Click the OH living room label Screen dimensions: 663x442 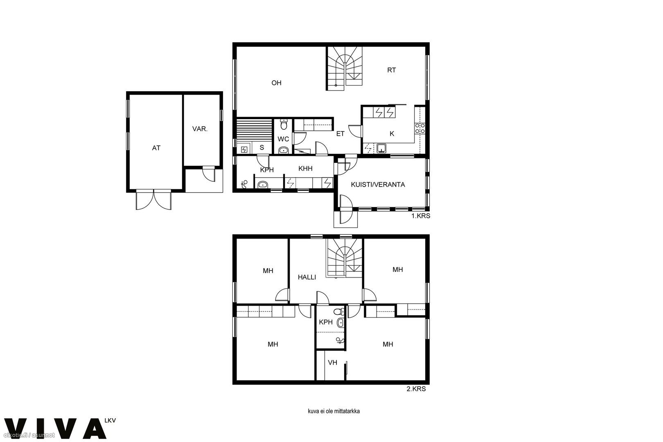pyautogui.click(x=276, y=83)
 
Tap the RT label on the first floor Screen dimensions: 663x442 pyautogui.click(x=392, y=70)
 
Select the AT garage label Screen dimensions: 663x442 pyautogui.click(x=156, y=148)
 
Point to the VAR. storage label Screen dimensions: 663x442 pyautogui.click(x=200, y=129)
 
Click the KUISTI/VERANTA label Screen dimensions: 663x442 pyautogui.click(x=378, y=185)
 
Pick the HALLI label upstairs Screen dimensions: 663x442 pyautogui.click(x=307, y=277)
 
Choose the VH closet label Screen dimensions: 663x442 pyautogui.click(x=333, y=363)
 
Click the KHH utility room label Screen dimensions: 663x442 pyautogui.click(x=305, y=169)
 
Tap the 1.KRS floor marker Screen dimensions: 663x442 pyautogui.click(x=421, y=216)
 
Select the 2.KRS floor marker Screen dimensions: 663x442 pyautogui.click(x=416, y=389)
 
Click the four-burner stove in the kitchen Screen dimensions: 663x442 pyautogui.click(x=420, y=129)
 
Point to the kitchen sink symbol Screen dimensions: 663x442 pyautogui.click(x=381, y=148)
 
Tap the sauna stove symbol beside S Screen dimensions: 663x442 pyautogui.click(x=244, y=149)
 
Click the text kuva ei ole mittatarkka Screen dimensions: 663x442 pyautogui.click(x=334, y=411)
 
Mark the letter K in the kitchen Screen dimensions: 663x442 pyautogui.click(x=392, y=134)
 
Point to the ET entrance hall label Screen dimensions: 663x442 pyautogui.click(x=341, y=134)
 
